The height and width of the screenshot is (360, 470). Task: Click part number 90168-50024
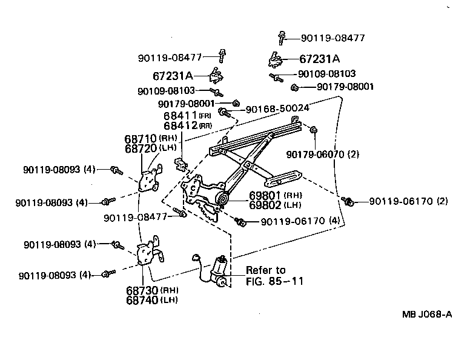[278, 108]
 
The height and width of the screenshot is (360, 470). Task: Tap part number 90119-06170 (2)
[409, 201]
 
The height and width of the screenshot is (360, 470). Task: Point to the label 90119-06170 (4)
[300, 222]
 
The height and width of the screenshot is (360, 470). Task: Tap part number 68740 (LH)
[143, 299]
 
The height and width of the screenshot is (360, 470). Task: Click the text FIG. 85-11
[274, 281]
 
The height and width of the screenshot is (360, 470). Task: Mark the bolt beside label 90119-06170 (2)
[348, 201]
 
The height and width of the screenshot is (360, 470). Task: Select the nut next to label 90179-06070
[314, 130]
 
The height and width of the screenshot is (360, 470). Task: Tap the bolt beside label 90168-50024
[224, 112]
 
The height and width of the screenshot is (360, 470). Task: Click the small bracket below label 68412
[180, 164]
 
